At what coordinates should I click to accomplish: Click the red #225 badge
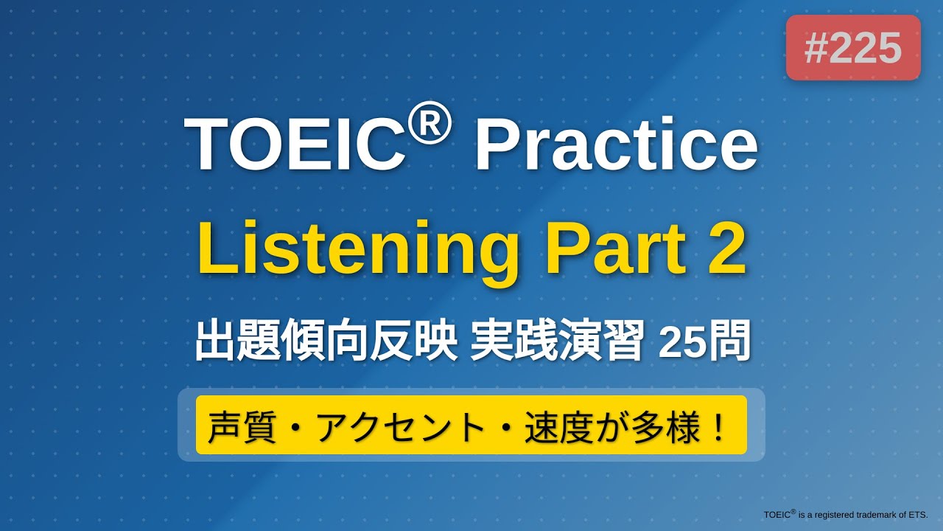click(x=853, y=48)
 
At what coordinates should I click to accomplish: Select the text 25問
click(x=704, y=343)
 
